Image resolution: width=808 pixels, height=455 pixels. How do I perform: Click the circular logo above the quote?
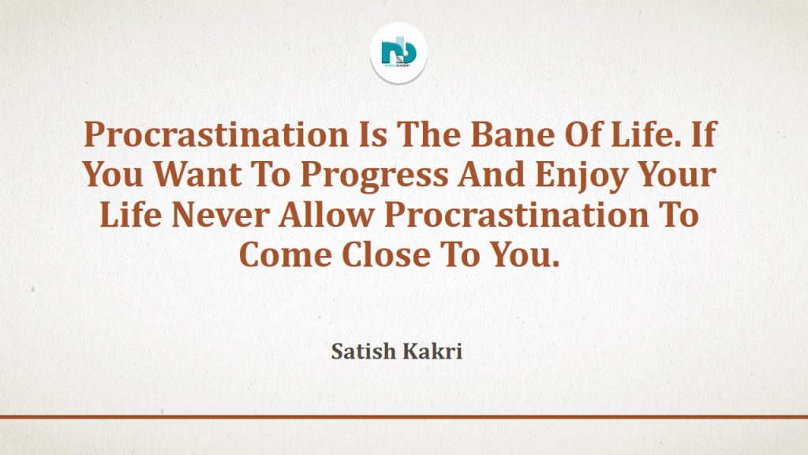point(398,53)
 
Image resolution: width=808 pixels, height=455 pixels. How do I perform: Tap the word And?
point(492,175)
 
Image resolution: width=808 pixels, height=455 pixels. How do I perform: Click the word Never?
point(221,215)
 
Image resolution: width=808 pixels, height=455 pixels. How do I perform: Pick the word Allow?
point(326,215)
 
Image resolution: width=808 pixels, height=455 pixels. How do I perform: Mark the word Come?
point(286,255)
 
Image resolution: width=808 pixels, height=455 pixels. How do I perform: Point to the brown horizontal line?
point(404,417)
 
